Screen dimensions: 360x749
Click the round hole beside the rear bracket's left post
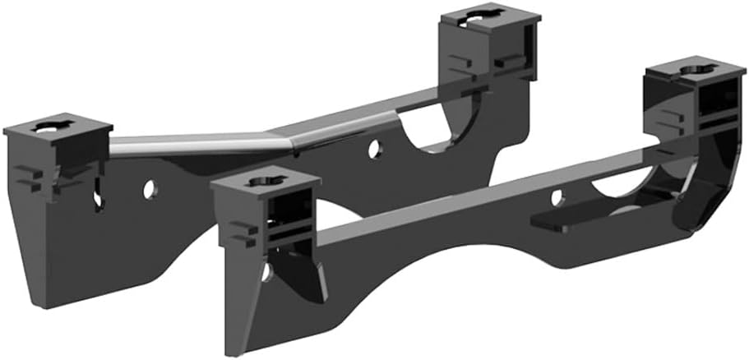coord(149,189)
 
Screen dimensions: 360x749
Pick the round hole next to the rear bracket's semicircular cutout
coord(374,150)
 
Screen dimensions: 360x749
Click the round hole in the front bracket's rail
coord(557,197)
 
